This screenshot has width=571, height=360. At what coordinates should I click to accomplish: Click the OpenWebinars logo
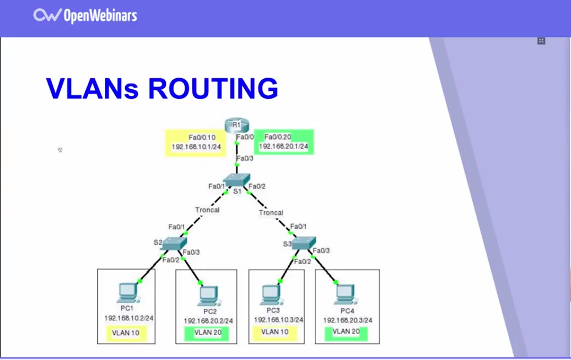(85, 15)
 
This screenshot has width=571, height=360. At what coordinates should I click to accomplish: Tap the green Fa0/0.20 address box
(283, 142)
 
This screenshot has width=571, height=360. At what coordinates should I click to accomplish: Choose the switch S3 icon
(303, 243)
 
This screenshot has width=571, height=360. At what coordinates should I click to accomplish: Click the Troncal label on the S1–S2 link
(207, 210)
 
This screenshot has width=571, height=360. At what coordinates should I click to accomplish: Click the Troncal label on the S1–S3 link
(271, 212)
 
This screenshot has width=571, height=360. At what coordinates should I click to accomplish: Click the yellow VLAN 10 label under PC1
(126, 333)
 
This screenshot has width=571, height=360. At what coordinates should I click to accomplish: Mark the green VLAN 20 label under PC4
(346, 332)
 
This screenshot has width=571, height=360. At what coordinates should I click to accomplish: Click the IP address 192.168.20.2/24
(208, 320)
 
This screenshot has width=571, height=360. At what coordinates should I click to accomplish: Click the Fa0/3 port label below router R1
(245, 159)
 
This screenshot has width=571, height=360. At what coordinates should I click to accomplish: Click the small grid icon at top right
(541, 41)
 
